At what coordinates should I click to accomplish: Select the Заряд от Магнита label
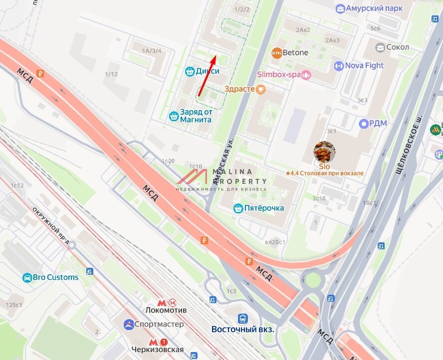click(x=190, y=116)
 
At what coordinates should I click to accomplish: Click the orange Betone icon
click(x=277, y=52)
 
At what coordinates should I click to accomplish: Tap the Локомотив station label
click(x=166, y=310)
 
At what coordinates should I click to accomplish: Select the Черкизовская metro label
click(x=158, y=349)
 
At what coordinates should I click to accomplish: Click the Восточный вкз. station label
click(x=243, y=329)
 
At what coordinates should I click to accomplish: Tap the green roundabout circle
click(x=313, y=280)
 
